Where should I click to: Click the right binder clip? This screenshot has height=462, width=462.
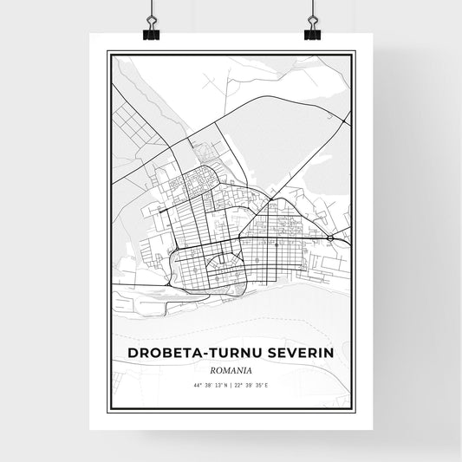click(x=312, y=28)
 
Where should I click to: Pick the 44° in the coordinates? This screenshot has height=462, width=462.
click(x=197, y=384)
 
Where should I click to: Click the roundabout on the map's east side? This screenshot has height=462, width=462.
click(x=331, y=237)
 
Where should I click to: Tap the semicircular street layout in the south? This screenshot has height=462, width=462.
click(x=222, y=260)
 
